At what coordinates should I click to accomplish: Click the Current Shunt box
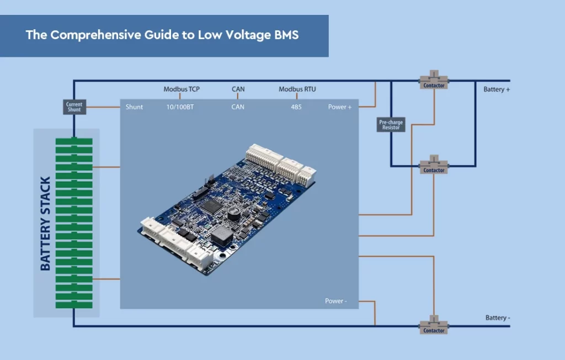point(74,107)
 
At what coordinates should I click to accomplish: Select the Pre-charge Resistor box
point(391,125)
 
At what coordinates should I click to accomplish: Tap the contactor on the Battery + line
point(434,81)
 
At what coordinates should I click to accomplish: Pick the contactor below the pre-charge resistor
point(434,166)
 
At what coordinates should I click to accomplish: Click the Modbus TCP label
point(182,89)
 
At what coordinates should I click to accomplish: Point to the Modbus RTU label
point(297,89)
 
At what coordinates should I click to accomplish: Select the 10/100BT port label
point(180,107)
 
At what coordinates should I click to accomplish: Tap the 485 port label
point(296,107)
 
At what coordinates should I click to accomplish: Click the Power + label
point(340,107)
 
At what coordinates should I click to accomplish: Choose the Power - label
point(335,301)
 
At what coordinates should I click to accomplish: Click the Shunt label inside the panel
point(134,107)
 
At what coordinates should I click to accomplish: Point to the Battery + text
point(497,89)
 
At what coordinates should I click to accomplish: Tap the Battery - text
point(498,317)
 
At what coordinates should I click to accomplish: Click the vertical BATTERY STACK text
point(45,224)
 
